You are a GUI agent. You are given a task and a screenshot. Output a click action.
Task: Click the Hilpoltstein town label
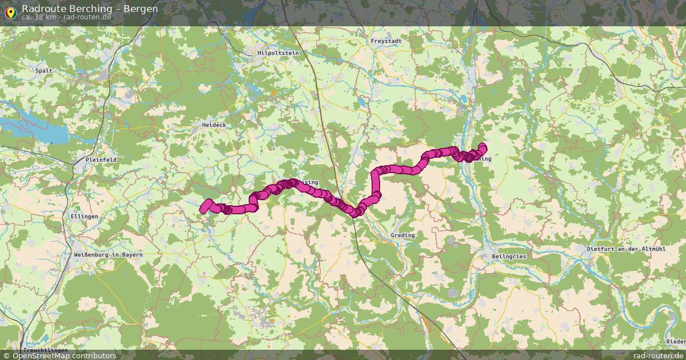(x=278, y=53)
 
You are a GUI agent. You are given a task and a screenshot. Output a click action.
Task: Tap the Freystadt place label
(x=386, y=41)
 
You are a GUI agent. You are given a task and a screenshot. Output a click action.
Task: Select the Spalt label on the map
(x=44, y=71)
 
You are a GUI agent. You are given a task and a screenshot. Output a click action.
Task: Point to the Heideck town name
(x=214, y=125)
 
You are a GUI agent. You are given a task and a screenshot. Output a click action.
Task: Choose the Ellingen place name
(x=85, y=217)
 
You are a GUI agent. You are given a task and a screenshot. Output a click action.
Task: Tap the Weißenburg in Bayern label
(x=108, y=254)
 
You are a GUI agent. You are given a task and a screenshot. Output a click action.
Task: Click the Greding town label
(x=402, y=235)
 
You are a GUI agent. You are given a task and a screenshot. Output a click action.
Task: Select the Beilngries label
(x=509, y=257)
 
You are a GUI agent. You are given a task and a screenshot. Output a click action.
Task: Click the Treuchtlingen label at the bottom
(x=46, y=350)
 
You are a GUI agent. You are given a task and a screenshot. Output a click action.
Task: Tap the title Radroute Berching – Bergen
(x=90, y=9)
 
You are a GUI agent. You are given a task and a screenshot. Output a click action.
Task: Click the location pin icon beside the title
(x=10, y=11)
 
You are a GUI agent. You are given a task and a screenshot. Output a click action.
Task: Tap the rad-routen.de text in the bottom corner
(x=659, y=355)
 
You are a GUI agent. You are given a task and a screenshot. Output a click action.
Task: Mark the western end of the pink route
(x=204, y=209)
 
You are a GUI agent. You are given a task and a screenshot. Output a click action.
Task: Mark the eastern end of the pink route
(x=483, y=146)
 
